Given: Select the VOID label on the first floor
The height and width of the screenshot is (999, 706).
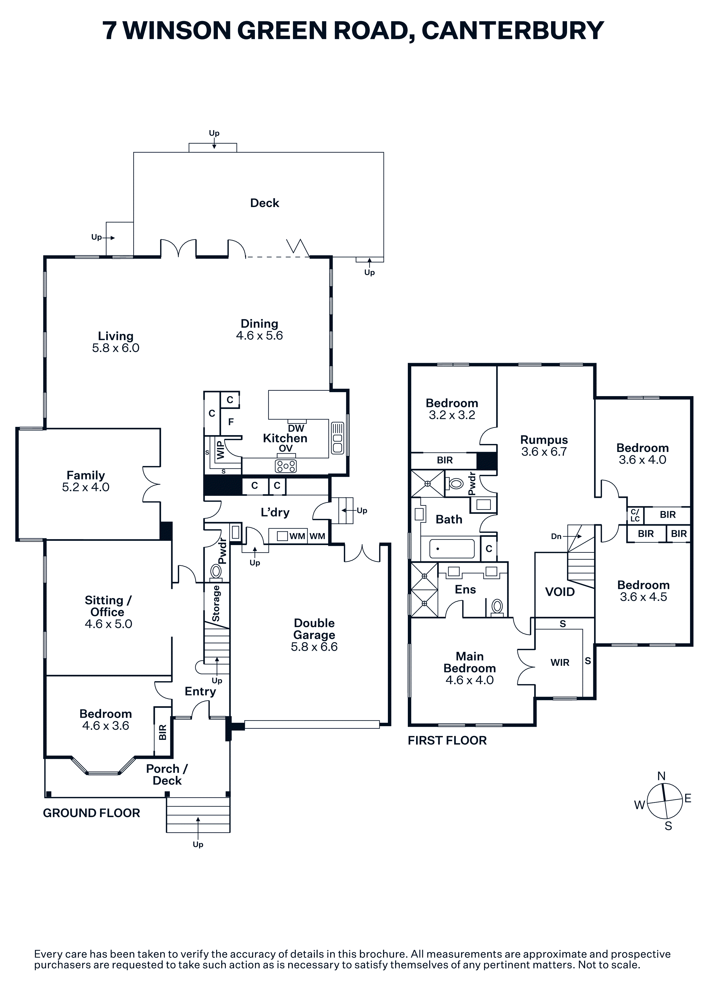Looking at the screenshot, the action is tap(560, 592).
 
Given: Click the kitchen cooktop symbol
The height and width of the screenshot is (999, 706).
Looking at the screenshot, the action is tap(286, 466).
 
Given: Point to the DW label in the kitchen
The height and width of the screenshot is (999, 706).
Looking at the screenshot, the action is tap(296, 428).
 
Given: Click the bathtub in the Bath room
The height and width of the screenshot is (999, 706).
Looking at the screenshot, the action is tap(452, 549).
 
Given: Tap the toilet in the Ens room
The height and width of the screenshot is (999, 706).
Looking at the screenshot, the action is tap(497, 607).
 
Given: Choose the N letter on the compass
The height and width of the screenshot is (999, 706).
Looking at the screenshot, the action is tap(661, 776).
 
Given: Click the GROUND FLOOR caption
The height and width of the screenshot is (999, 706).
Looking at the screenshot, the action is tap(91, 813).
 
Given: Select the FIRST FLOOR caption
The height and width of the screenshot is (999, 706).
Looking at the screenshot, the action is tap(447, 740).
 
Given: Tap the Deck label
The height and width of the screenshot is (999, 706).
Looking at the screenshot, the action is tap(265, 203).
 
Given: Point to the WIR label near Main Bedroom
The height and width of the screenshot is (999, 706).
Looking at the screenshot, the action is tap(560, 662).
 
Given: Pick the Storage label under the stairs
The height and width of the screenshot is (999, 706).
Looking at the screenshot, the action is tap(216, 603).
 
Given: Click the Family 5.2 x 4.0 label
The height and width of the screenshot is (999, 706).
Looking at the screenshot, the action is tap(86, 481).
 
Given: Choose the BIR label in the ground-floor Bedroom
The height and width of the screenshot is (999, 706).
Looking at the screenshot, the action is tap(163, 732).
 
